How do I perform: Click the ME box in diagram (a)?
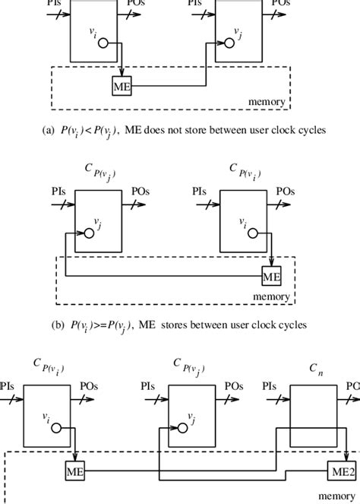coord(122,87)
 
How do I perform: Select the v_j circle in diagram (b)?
coord(89,233)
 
